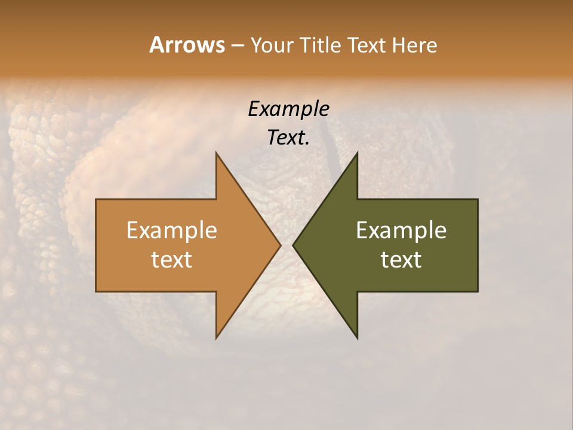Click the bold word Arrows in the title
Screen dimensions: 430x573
(x=187, y=45)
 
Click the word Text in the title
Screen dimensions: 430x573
(x=367, y=45)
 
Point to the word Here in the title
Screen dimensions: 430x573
(x=415, y=45)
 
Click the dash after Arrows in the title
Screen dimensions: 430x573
(x=237, y=45)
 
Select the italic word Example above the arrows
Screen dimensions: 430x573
(x=289, y=109)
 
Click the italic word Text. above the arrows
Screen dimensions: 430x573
(x=289, y=137)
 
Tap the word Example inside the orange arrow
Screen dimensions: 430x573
(x=172, y=230)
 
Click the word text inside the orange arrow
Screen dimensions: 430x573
(x=172, y=259)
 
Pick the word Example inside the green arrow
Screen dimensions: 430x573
(x=401, y=230)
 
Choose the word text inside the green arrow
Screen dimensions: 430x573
(x=401, y=259)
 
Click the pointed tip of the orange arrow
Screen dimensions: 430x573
(x=281, y=245)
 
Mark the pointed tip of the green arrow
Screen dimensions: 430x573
(x=293, y=245)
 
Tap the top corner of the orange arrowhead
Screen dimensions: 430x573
(x=216, y=153)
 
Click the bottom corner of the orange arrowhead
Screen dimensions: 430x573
(x=216, y=338)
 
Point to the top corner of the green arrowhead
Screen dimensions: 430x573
(x=357, y=153)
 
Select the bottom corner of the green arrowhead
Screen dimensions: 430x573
(x=357, y=338)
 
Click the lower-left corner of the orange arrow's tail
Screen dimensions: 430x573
(x=96, y=291)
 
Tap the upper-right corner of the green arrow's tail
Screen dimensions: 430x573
(x=478, y=199)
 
